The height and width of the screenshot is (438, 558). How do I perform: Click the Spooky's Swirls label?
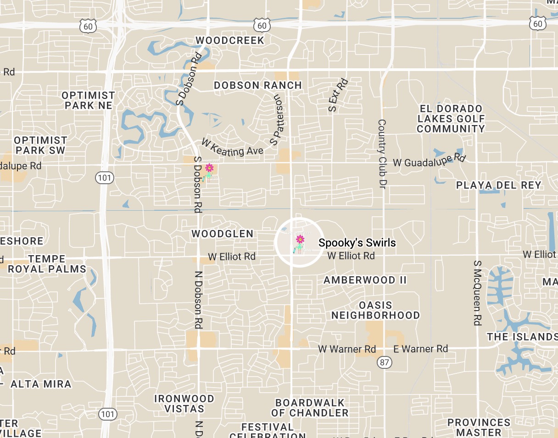pyautogui.click(x=357, y=243)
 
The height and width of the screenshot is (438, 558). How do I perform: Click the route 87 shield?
pyautogui.click(x=385, y=362)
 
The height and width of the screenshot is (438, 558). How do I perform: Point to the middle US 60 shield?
pyautogui.click(x=262, y=26)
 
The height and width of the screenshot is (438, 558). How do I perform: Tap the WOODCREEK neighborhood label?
pyautogui.click(x=230, y=40)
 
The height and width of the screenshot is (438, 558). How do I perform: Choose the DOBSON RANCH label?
pyautogui.click(x=257, y=85)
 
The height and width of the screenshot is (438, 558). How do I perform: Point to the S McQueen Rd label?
pyautogui.click(x=478, y=293)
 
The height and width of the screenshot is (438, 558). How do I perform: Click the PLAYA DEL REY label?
pyautogui.click(x=498, y=185)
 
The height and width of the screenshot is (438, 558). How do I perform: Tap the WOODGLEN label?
pyautogui.click(x=222, y=234)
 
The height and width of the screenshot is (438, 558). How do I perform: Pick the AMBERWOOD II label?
pyautogui.click(x=365, y=280)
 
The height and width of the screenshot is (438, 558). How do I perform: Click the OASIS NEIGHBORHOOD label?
pyautogui.click(x=375, y=310)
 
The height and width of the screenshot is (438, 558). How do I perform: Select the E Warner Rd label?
pyautogui.click(x=420, y=349)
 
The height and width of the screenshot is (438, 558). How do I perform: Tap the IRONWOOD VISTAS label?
pyautogui.click(x=184, y=404)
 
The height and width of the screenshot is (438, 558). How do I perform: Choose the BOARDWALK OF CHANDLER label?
pyautogui.click(x=310, y=408)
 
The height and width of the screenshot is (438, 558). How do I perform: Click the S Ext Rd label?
pyautogui.click(x=338, y=95)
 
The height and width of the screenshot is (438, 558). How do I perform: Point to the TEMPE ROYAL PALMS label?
pyautogui.click(x=47, y=264)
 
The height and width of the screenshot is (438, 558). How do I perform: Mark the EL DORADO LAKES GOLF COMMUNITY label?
pyautogui.click(x=451, y=119)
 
